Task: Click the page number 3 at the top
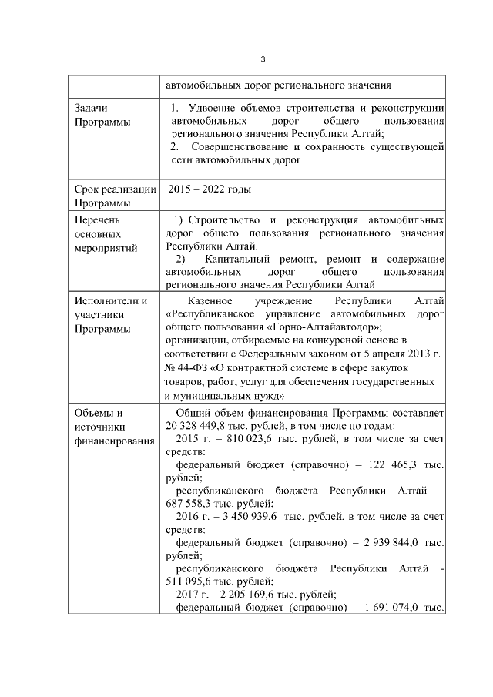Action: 263,59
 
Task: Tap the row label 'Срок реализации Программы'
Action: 115,196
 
